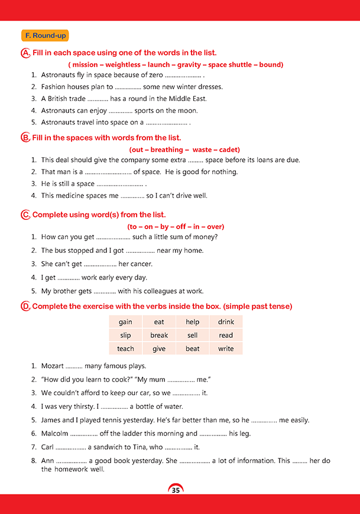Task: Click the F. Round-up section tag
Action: pos(44,36)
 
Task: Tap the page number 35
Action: pos(176,490)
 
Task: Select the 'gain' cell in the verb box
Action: pos(125,322)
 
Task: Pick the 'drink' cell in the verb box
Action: pos(226,322)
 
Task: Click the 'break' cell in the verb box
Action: pos(159,336)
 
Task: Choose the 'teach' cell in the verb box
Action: pos(125,349)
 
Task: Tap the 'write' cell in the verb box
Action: pos(226,349)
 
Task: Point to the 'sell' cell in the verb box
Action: pos(193,336)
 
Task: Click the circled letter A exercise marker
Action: pos(25,53)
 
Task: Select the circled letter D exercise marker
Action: pos(25,307)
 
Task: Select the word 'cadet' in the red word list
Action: pos(229,150)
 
